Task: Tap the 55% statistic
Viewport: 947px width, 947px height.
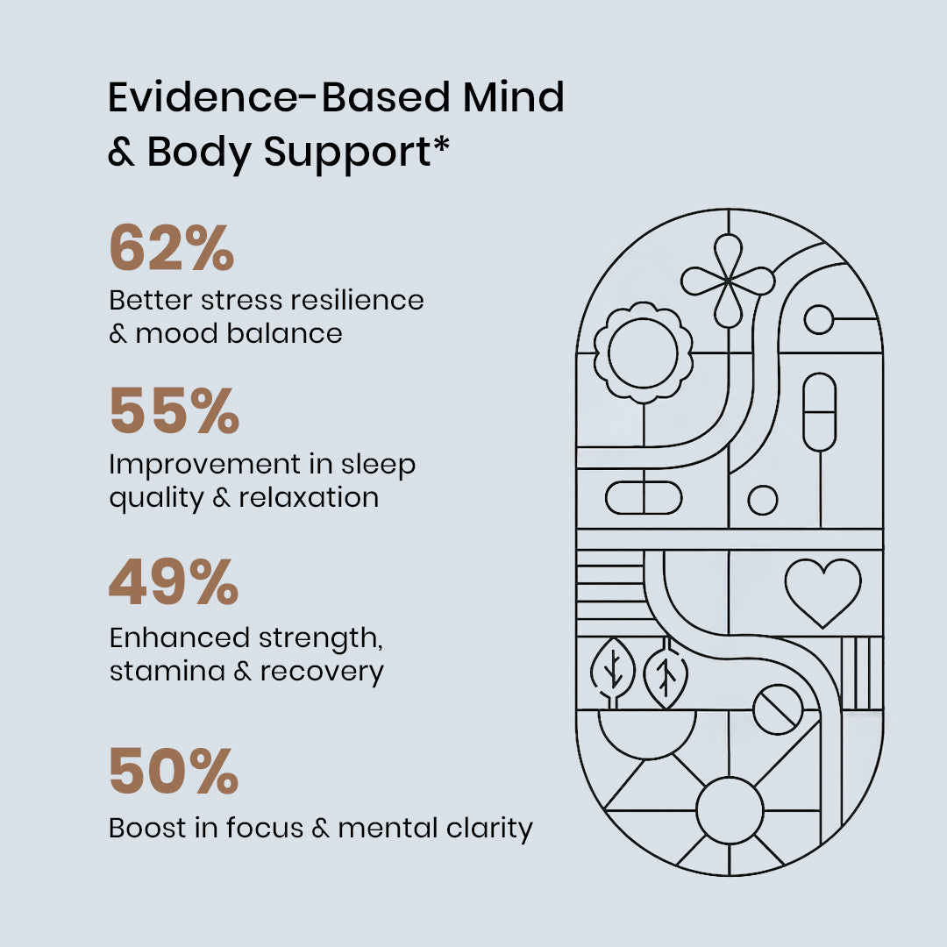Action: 174,412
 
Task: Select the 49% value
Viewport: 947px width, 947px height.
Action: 174,583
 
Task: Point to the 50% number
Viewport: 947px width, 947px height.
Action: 174,771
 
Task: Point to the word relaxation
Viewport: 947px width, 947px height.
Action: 309,497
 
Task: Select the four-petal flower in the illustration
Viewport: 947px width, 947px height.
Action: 728,281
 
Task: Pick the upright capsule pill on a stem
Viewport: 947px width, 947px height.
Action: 820,412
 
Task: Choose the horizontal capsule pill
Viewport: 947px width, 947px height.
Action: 643,498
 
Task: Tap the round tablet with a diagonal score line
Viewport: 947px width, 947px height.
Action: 778,708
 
